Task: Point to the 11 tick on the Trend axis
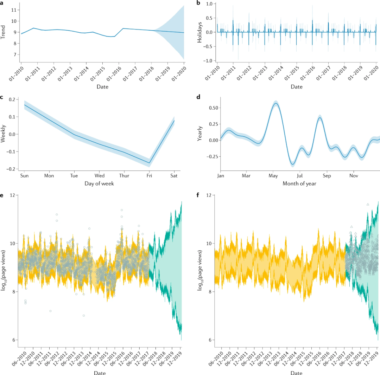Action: [14, 10]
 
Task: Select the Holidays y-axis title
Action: [199, 32]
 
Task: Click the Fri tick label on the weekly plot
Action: [150, 175]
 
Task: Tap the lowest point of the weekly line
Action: [150, 163]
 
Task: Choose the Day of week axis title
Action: [100, 183]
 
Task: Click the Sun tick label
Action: [24, 175]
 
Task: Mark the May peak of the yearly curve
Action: [276, 103]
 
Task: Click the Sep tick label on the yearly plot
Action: [327, 175]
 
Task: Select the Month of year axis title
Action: [299, 183]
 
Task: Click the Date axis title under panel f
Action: [296, 373]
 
